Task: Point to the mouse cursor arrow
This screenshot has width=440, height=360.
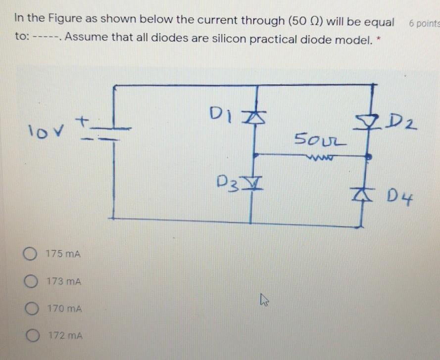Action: [263, 299]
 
